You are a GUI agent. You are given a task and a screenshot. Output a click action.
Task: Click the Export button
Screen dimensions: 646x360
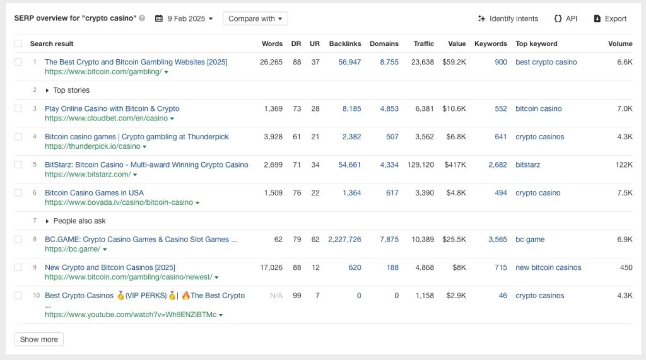pyautogui.click(x=610, y=18)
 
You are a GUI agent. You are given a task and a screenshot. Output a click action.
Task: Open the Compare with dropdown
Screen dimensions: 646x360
pyautogui.click(x=255, y=18)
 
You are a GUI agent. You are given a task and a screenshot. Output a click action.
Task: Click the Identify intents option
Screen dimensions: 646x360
pyautogui.click(x=508, y=18)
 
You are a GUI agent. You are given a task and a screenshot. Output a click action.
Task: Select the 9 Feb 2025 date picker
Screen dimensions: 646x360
pyautogui.click(x=184, y=18)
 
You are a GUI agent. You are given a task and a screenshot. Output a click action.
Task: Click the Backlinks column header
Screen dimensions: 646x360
pyautogui.click(x=345, y=44)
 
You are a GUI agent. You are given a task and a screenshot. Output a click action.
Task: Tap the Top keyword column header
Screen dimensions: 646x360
pyautogui.click(x=536, y=44)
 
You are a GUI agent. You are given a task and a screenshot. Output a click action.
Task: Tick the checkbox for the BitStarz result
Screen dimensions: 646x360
pyautogui.click(x=18, y=165)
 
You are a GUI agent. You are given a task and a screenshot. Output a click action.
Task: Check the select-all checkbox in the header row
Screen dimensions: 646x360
pyautogui.click(x=18, y=44)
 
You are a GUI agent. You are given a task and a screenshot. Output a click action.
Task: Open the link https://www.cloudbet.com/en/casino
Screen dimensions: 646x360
pyautogui.click(x=106, y=119)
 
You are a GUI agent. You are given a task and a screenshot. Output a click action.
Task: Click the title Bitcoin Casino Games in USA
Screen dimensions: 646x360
pyautogui.click(x=95, y=193)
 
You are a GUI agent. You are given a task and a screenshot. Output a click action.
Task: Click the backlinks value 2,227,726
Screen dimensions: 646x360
pyautogui.click(x=344, y=240)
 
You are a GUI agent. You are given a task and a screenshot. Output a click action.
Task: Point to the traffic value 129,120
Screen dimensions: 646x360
pyautogui.click(x=421, y=165)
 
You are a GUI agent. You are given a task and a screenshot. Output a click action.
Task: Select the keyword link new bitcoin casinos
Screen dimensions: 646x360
pyautogui.click(x=548, y=267)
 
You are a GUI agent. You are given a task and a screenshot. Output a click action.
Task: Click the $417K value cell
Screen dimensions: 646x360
pyautogui.click(x=455, y=165)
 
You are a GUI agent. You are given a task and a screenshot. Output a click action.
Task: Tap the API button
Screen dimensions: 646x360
pyautogui.click(x=566, y=18)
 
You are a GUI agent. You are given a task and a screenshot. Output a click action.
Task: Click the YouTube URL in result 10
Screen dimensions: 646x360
pyautogui.click(x=131, y=315)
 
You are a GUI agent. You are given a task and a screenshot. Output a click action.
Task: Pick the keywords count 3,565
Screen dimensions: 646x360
pyautogui.click(x=498, y=240)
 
